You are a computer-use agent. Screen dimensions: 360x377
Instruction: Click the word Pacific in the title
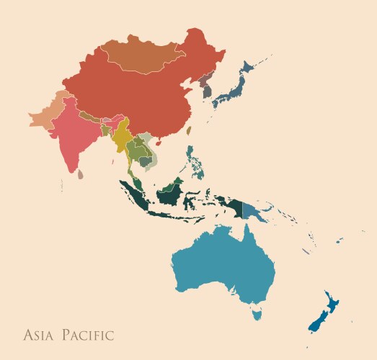[x=87, y=335]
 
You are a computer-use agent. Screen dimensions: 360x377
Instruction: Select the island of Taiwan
[x=190, y=130]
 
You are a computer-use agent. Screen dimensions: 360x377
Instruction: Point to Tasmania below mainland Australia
[x=256, y=313]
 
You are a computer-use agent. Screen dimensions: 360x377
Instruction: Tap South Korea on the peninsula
[x=208, y=91]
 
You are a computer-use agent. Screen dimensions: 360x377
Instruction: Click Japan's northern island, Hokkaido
[x=248, y=68]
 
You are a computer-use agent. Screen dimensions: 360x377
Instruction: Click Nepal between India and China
[x=91, y=116]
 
